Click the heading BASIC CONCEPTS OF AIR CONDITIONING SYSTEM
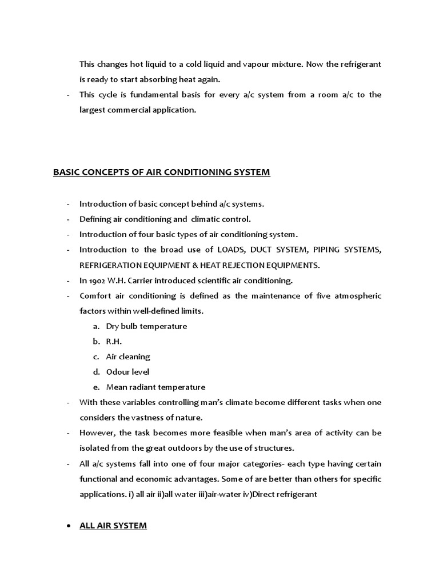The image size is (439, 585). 161,172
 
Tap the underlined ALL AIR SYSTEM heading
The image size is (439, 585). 113,526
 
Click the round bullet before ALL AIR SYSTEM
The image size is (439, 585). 69,526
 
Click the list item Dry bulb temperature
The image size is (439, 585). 146,326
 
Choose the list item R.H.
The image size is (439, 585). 114,341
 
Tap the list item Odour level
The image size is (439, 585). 127,372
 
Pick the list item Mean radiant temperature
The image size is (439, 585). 155,387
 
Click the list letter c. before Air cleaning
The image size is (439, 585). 95,356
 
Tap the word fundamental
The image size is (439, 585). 151,95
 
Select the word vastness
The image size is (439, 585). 149,418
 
